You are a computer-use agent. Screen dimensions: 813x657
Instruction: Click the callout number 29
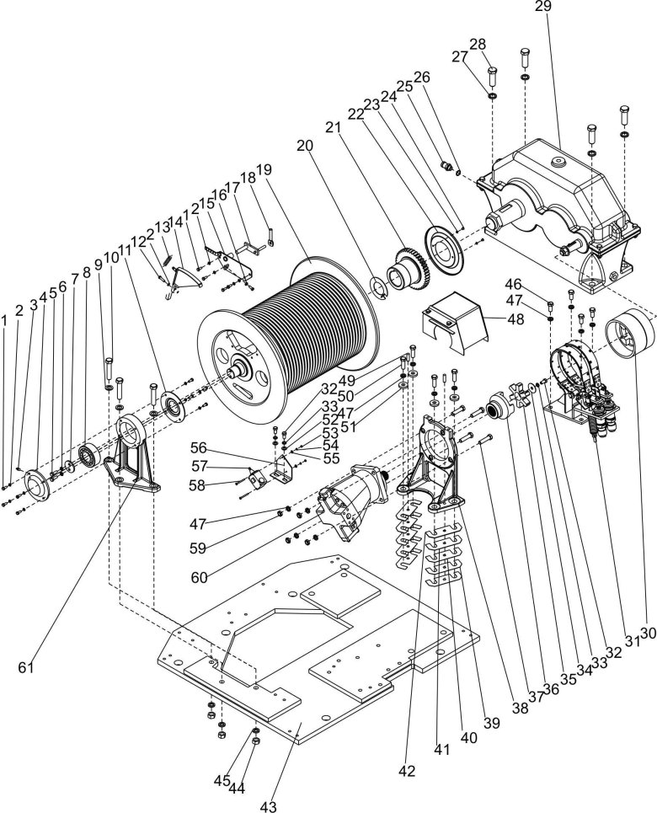click(x=542, y=8)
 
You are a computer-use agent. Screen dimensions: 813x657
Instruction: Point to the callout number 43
click(x=268, y=806)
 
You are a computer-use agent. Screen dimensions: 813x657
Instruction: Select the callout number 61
click(x=28, y=667)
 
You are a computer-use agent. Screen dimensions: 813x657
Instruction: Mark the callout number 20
click(x=304, y=145)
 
